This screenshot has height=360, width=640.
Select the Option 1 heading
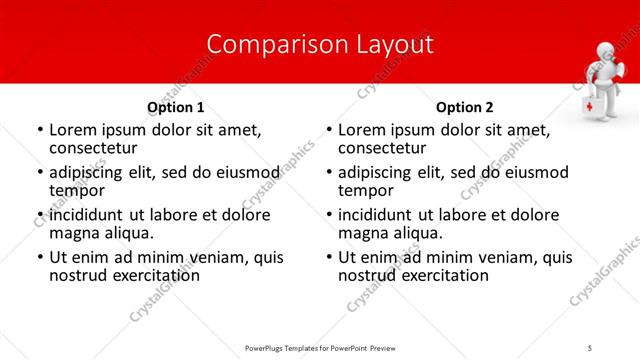[x=176, y=107]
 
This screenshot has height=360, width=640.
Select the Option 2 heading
[x=464, y=107]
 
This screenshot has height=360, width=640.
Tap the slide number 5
[x=591, y=347]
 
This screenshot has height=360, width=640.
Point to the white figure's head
[x=607, y=54]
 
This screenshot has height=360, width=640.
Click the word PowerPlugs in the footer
[x=270, y=347]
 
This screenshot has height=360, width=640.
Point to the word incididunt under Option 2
[x=380, y=215]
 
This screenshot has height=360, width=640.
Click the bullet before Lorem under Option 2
[x=329, y=131]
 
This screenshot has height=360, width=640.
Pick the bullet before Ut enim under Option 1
[x=40, y=258]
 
